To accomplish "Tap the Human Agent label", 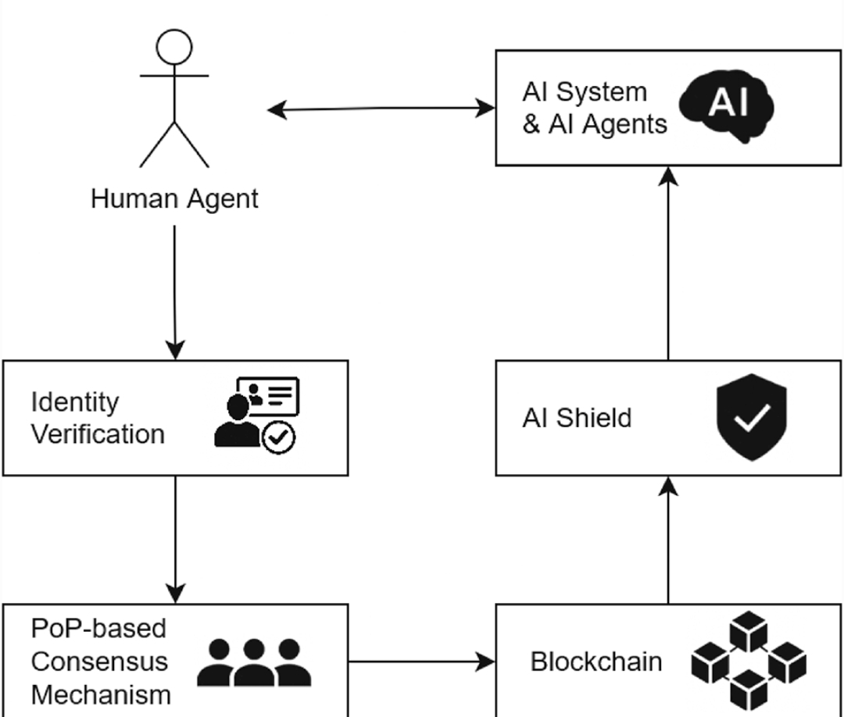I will coord(174,198).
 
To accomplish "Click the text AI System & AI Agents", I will coord(594,108).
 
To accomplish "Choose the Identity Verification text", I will coord(98,418).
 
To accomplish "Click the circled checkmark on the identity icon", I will coord(278,437).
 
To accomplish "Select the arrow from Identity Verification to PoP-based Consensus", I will coord(175,539).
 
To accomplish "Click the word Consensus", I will coord(99,662).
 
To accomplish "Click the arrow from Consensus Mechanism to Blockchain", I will coord(422,662).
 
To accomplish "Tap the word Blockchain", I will coord(596,662).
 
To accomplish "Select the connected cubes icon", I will coord(748,662).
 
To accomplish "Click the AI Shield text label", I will coord(577,418).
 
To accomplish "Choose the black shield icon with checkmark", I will coord(751,417).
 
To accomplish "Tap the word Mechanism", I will coord(101,694).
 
